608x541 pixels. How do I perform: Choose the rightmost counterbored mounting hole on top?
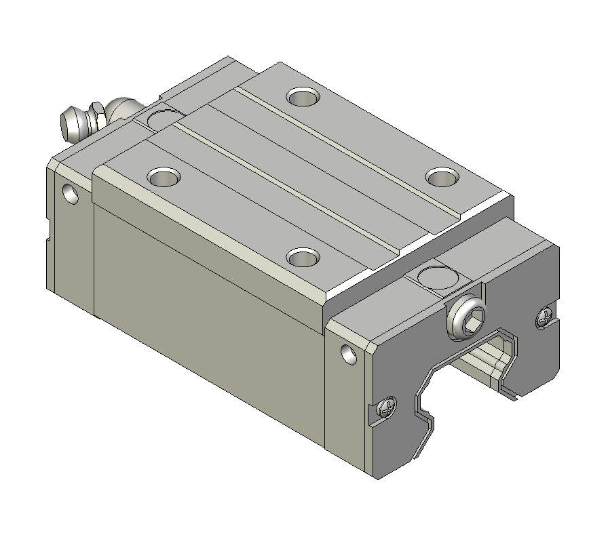443,177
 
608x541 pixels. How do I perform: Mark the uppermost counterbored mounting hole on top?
303,96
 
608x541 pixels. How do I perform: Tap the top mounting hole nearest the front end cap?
303,257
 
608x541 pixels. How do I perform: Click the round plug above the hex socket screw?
438,276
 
